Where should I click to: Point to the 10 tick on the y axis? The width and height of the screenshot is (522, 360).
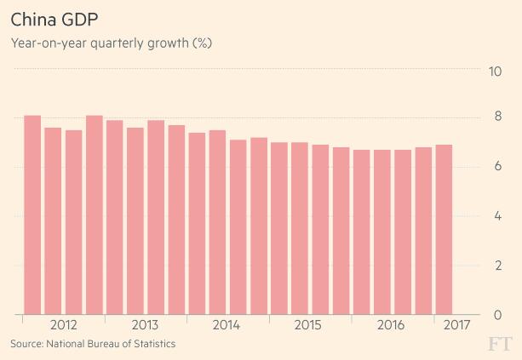[x=493, y=70]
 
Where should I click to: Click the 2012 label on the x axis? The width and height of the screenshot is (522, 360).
[x=64, y=325]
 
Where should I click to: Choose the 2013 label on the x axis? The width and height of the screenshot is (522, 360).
[x=146, y=325]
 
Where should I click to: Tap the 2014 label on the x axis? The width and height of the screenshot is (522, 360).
[x=227, y=325]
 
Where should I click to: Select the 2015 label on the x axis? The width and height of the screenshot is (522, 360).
[x=308, y=325]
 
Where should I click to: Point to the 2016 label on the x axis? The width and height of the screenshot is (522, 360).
[x=390, y=325]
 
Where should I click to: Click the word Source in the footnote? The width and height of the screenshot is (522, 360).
[x=26, y=344]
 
